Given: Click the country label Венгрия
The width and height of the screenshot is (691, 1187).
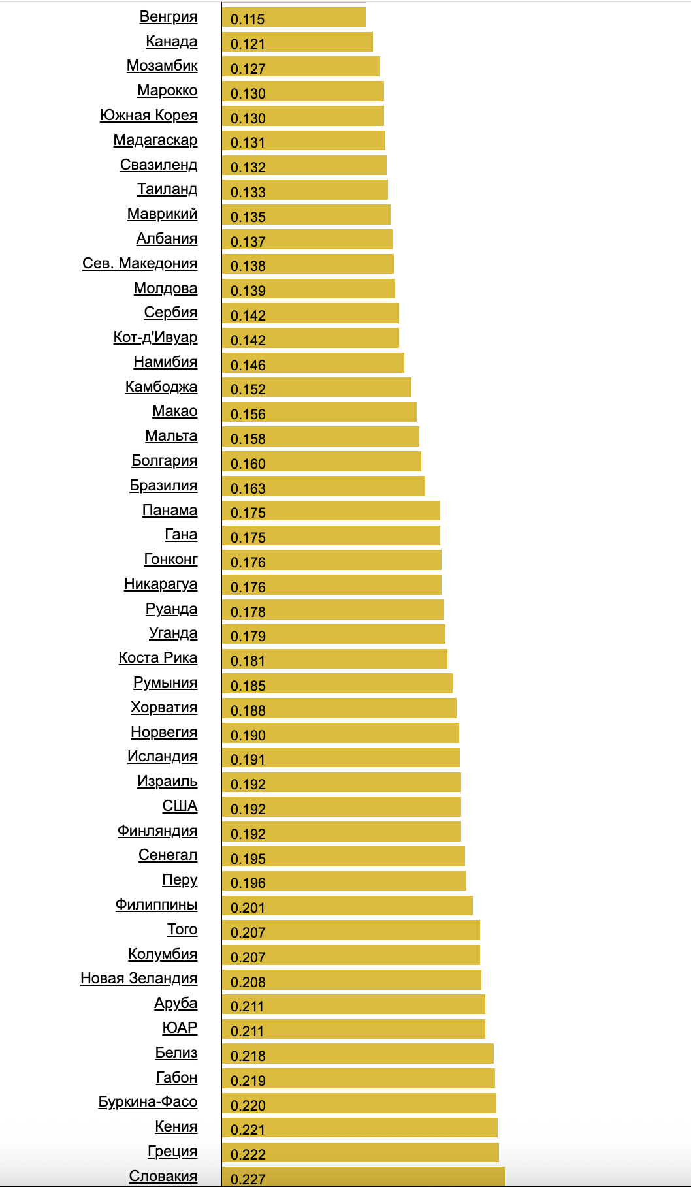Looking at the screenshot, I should click(169, 17).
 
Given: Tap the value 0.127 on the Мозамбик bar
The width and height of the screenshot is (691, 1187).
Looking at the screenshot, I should click(248, 69).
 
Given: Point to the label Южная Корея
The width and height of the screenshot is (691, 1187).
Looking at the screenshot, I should click(148, 116).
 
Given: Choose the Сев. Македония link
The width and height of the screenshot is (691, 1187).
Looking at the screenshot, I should click(140, 264).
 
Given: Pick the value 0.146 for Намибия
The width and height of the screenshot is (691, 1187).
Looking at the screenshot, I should click(248, 365).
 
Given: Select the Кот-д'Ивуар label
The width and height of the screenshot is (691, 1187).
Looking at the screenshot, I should click(155, 338).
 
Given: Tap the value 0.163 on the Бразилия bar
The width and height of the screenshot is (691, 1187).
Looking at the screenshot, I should click(248, 488).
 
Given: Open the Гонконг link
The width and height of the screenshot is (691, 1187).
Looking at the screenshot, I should click(170, 560).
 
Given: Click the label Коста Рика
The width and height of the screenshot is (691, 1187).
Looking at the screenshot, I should click(158, 658).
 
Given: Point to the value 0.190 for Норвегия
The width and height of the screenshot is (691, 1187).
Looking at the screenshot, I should click(248, 735).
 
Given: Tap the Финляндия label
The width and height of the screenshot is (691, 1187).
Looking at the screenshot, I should click(157, 831).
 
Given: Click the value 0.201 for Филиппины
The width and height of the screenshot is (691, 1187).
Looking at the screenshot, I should click(248, 908).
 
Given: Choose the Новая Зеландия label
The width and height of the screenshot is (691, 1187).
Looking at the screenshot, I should click(139, 979).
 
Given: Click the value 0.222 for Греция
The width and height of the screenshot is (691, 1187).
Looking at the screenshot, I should click(248, 1154).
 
